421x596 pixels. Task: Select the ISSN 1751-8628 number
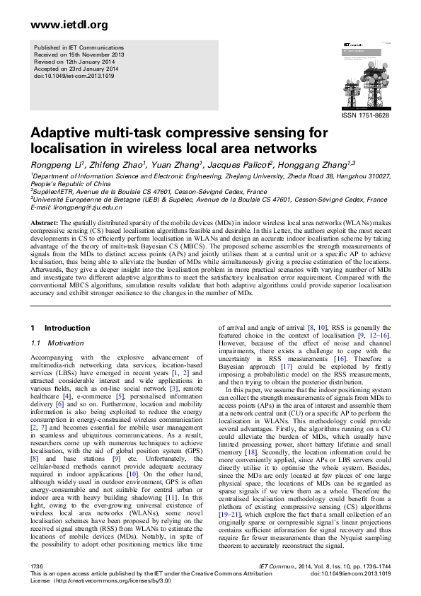click(x=365, y=115)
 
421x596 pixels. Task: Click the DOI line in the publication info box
click(x=71, y=76)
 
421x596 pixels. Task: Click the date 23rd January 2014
click(x=86, y=69)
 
